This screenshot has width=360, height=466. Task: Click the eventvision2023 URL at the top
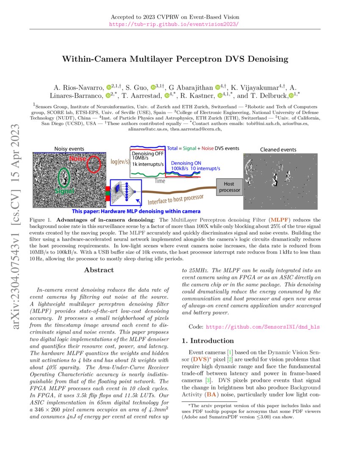(174, 24)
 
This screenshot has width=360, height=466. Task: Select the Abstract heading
(99, 270)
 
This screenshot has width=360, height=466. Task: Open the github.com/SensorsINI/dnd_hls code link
(263, 327)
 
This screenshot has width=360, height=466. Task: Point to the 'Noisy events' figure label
(69, 149)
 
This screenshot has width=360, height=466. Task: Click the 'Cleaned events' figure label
(278, 150)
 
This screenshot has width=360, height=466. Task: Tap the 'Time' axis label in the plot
(160, 181)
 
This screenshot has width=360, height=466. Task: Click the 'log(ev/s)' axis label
(120, 161)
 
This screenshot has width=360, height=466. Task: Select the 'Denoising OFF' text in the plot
(147, 153)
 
